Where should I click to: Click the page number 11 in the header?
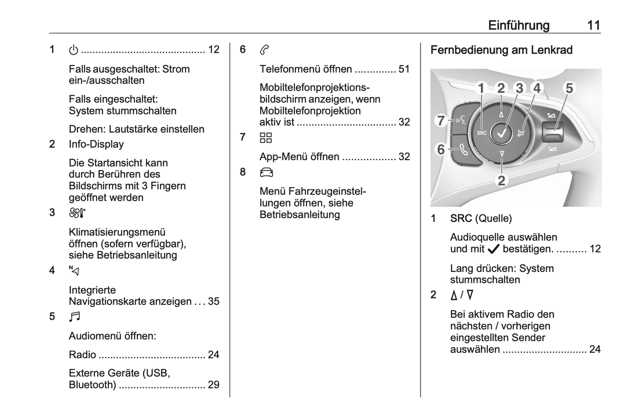[x=594, y=25]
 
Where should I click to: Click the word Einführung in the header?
[x=519, y=25]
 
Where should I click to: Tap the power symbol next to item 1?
[x=73, y=50]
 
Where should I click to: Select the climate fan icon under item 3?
[x=77, y=213]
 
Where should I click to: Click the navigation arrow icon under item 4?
[x=74, y=271]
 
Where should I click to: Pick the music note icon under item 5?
[x=74, y=317]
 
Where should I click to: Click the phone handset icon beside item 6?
[x=264, y=50]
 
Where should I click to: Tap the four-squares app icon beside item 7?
[x=266, y=138]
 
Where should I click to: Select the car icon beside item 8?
[x=266, y=173]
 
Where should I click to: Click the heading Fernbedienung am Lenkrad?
[x=501, y=50]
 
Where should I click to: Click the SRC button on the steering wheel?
[x=481, y=133]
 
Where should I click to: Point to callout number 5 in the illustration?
[x=569, y=88]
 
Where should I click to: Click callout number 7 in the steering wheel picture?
[x=440, y=120]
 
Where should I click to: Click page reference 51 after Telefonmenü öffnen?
[x=404, y=69]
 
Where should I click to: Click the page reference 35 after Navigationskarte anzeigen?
[x=213, y=301]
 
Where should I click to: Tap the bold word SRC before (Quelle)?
[x=461, y=218]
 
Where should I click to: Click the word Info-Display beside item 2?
[x=96, y=144]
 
